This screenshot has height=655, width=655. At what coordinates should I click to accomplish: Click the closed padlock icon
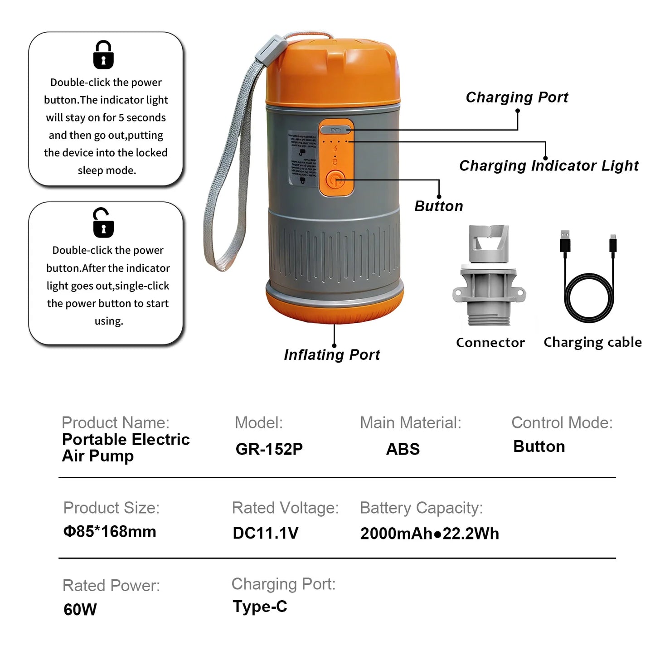pyautogui.click(x=103, y=55)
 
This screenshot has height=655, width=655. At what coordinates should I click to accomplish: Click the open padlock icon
pyautogui.click(x=103, y=223)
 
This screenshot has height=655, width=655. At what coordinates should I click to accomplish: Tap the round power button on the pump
pyautogui.click(x=335, y=180)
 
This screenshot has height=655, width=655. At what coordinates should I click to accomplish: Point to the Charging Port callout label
pyautogui.click(x=517, y=97)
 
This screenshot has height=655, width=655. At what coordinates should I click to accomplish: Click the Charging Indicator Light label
pyautogui.click(x=548, y=166)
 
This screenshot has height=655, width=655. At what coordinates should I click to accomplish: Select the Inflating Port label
pyautogui.click(x=332, y=355)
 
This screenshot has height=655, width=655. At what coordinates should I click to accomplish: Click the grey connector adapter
pyautogui.click(x=489, y=277)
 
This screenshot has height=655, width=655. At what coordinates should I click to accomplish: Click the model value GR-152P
pyautogui.click(x=269, y=449)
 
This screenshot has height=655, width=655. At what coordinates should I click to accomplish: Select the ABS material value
pyautogui.click(x=403, y=449)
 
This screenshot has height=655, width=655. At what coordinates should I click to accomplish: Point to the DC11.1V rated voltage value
pyautogui.click(x=265, y=534)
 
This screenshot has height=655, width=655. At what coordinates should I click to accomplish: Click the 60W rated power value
pyautogui.click(x=80, y=610)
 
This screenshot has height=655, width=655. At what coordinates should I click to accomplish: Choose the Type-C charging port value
pyautogui.click(x=260, y=607)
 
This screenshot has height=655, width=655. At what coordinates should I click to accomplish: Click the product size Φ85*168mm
pyautogui.click(x=110, y=532)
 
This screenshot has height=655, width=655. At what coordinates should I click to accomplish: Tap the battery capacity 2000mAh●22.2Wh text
pyautogui.click(x=429, y=534)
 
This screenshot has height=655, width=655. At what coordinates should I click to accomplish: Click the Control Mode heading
pyautogui.click(x=562, y=423)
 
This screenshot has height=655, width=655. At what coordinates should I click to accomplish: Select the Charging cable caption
pyautogui.click(x=592, y=342)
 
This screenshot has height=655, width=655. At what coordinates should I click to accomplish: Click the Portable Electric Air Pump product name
pyautogui.click(x=126, y=447)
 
